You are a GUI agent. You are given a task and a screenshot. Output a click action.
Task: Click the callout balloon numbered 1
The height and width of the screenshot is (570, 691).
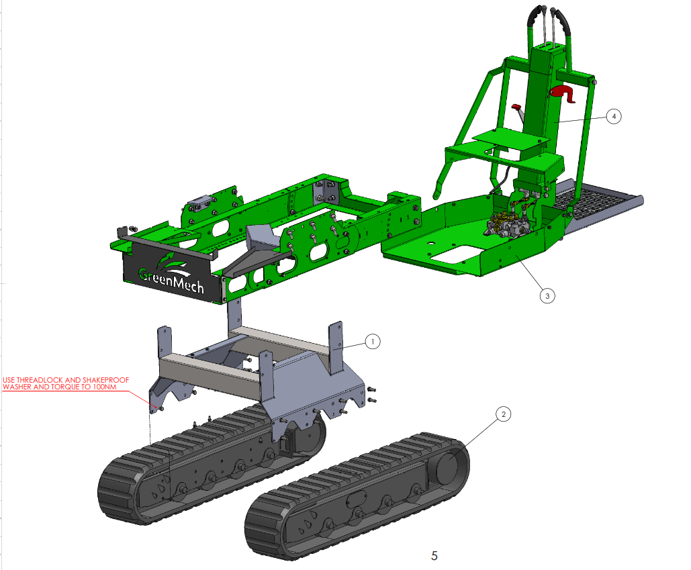(x=373, y=341)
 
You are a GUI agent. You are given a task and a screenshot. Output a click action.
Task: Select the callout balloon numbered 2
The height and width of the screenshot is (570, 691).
(x=503, y=414)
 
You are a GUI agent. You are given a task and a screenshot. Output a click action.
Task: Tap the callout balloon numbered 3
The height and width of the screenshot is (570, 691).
(x=547, y=295)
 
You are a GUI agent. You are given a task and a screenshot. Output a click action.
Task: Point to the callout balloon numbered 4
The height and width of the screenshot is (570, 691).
(x=614, y=117)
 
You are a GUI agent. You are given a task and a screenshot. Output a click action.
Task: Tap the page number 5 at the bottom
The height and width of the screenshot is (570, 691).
(x=434, y=556)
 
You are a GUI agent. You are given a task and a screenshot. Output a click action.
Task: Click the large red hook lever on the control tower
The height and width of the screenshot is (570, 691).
(x=562, y=93)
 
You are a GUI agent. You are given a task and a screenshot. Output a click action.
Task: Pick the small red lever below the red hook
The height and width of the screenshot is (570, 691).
(x=516, y=107)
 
